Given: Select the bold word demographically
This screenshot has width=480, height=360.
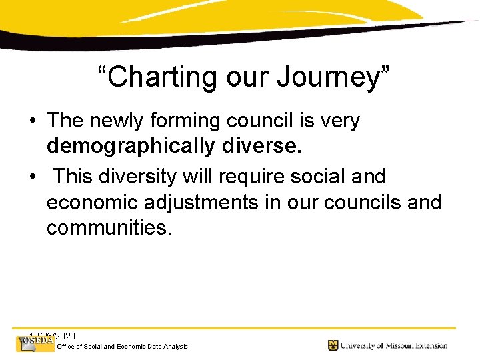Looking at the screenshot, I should click(131, 147).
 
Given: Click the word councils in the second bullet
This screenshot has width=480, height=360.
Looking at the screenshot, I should click(355, 202).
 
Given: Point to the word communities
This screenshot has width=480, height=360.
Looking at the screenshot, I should click(109, 229).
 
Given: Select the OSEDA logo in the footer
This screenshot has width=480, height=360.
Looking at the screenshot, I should click(35, 343).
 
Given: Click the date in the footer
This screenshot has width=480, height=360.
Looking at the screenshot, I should click(53, 335).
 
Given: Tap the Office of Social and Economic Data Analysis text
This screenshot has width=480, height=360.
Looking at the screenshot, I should click(123, 347).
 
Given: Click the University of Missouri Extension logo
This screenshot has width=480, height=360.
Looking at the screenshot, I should click(387, 345).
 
